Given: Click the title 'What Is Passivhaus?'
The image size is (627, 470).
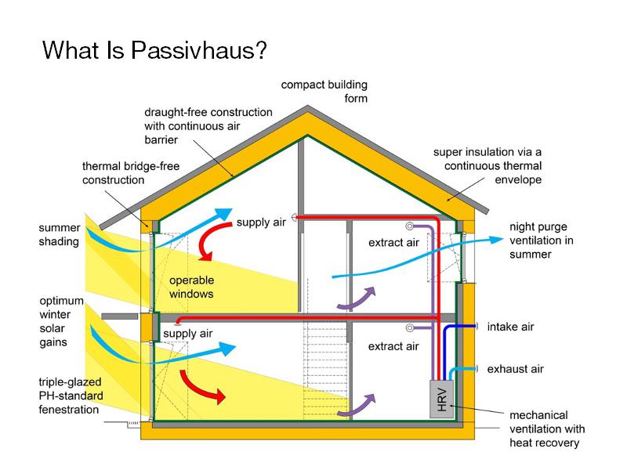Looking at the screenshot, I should coord(154,50).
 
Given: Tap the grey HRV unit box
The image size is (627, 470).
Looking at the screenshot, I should coord(442,397).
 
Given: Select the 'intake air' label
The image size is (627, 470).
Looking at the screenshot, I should coord(510,327).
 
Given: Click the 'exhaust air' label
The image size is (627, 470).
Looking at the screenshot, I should coord(515,368).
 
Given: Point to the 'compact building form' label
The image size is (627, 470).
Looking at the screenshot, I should coord(324,92).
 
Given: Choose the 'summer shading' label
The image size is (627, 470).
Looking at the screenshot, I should coord(59,234).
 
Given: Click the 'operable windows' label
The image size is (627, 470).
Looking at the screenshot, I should coord(190,287).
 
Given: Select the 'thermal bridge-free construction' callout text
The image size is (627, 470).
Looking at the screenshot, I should coord(114,173).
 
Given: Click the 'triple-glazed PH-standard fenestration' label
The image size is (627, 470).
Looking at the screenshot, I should coord(69,396).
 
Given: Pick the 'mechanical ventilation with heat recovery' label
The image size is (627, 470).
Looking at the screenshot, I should coord(547,429).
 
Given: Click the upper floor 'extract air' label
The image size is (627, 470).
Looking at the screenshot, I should coord(393,244).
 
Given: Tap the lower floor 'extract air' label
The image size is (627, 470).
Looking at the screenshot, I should coord(393,346).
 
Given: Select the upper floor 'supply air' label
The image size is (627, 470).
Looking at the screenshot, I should coord(262,222).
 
